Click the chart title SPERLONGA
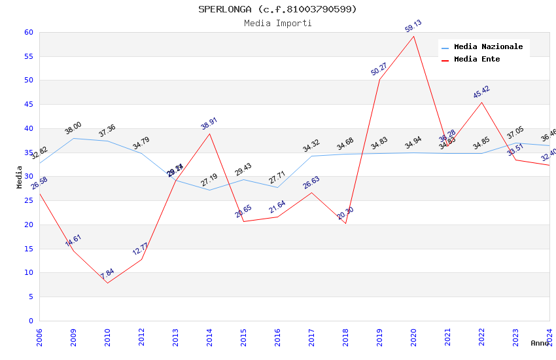pos(277,9)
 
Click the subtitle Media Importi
pos(277,23)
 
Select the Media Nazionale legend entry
pos(488,47)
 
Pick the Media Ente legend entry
pos(476,60)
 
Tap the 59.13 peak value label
pos(413,26)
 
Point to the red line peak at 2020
pos(414,36)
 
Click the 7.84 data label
pos(107,274)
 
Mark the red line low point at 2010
pos(107,283)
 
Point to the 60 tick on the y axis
pos(29,32)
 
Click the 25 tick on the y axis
pos(29,200)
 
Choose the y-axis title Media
pos(20,177)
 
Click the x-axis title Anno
pos(540,343)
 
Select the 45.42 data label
pos(481,92)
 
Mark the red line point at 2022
pos(482,102)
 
